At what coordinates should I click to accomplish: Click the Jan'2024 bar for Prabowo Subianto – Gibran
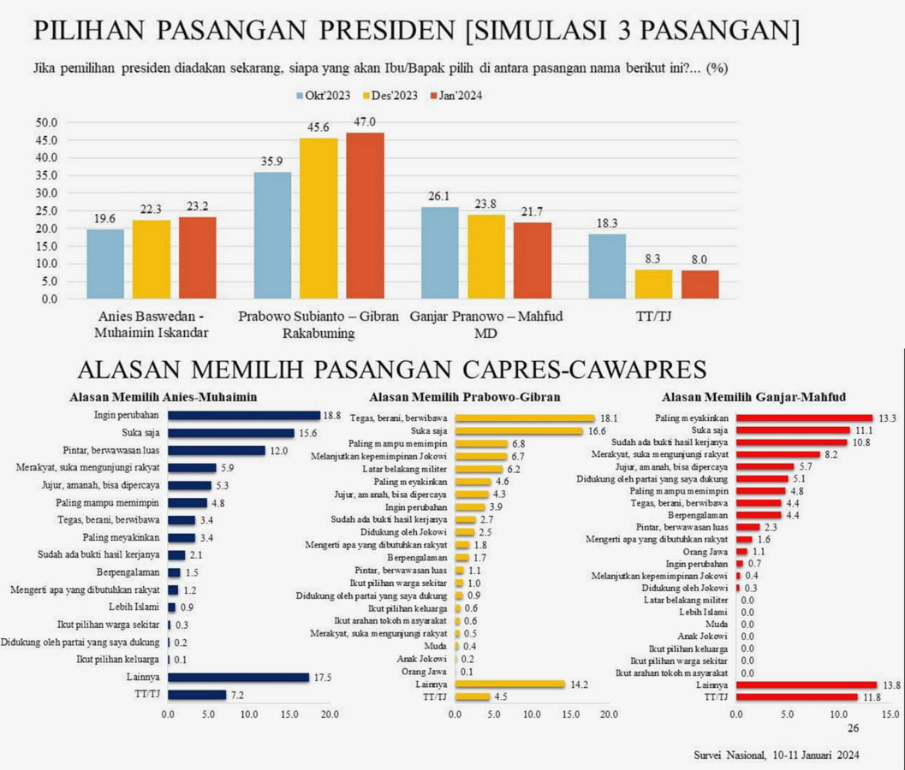pyautogui.click(x=365, y=216)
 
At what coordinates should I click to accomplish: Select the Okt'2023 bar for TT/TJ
pyautogui.click(x=608, y=266)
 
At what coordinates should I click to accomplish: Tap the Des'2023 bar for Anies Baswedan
pyautogui.click(x=151, y=259)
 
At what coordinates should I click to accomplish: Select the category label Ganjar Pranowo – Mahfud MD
pyautogui.click(x=486, y=324)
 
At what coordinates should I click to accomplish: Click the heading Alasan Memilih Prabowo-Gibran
pyautogui.click(x=464, y=397)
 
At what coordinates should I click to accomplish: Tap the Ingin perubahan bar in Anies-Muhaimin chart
pyautogui.click(x=243, y=416)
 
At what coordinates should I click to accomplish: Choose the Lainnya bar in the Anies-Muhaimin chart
pyautogui.click(x=238, y=677)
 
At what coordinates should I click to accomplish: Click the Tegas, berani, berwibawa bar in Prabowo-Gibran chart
pyautogui.click(x=524, y=418)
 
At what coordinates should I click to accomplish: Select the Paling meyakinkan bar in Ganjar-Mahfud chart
pyautogui.click(x=804, y=418)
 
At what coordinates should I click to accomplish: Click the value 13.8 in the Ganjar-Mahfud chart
pyautogui.click(x=890, y=685)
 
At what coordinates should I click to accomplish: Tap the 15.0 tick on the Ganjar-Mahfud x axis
pyautogui.click(x=890, y=714)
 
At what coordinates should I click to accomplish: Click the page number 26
pyautogui.click(x=853, y=728)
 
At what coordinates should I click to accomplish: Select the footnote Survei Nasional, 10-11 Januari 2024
pyautogui.click(x=777, y=755)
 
